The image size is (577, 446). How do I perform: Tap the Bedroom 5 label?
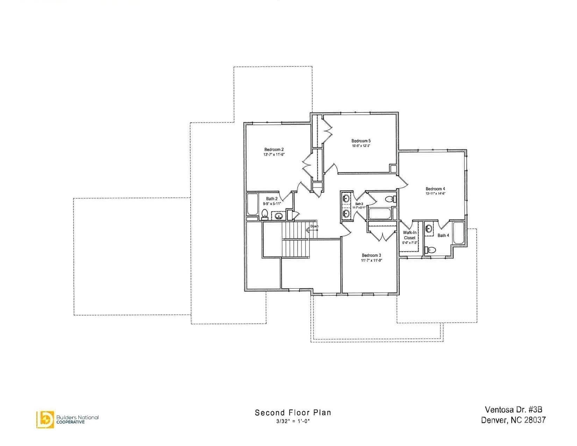[361, 141]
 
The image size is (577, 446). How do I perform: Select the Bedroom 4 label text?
[435, 189]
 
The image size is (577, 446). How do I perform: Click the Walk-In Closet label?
[409, 235]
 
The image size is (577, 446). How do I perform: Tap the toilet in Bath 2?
[265, 213]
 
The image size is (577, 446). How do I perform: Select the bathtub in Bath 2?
[252, 205]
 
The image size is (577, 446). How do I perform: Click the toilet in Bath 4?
[431, 250]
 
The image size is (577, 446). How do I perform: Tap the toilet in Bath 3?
[389, 199]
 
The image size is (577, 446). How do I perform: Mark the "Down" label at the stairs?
[314, 226]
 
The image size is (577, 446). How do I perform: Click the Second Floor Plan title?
[293, 412]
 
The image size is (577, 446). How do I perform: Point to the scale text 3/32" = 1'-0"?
[293, 421]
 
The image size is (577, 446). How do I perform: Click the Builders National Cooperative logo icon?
[45, 419]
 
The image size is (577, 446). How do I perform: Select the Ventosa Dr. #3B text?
[513, 409]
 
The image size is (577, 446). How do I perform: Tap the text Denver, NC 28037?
[513, 420]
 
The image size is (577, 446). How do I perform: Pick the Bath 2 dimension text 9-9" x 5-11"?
[272, 204]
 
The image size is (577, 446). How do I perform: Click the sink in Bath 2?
[279, 216]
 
